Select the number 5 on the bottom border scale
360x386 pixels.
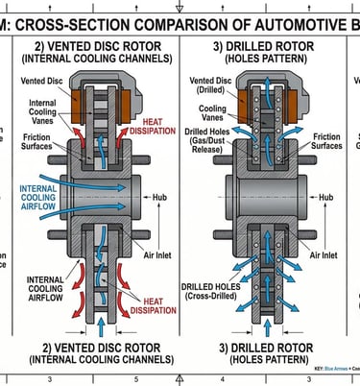point(136,380)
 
